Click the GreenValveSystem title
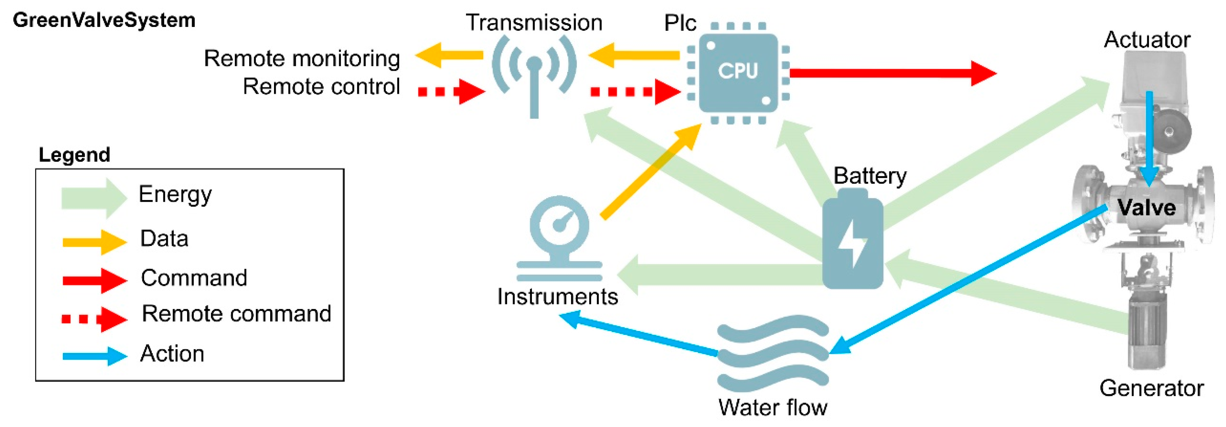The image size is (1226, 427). [104, 20]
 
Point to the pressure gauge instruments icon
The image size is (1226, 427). [560, 238]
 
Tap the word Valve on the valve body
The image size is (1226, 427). [1146, 208]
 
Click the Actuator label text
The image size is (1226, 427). [1147, 40]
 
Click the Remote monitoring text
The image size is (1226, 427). [302, 58]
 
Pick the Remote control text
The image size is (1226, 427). [321, 87]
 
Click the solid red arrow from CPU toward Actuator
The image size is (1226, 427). [890, 73]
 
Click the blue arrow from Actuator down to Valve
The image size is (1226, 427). [1149, 138]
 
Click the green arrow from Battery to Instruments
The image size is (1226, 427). [719, 275]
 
